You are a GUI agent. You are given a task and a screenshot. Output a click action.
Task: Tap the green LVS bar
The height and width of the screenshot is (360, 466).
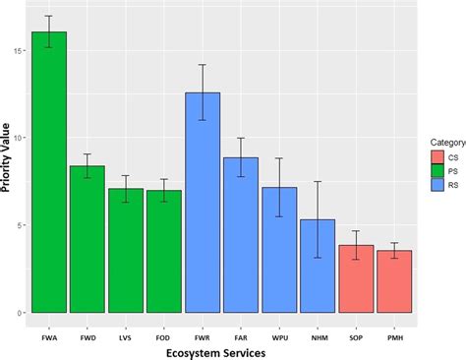pos(126,250)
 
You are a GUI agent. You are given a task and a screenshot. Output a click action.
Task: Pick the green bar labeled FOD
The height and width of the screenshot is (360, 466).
pos(164,251)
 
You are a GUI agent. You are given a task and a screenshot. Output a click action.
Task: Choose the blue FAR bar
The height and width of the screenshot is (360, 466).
pos(241,235)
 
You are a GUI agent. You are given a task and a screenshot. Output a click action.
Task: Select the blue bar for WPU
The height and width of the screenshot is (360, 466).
pos(279,250)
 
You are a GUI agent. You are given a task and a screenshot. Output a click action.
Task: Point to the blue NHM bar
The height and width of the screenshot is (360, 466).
pos(318,266)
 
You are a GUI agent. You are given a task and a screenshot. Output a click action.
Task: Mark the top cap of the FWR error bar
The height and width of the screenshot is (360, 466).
pos(203,65)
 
